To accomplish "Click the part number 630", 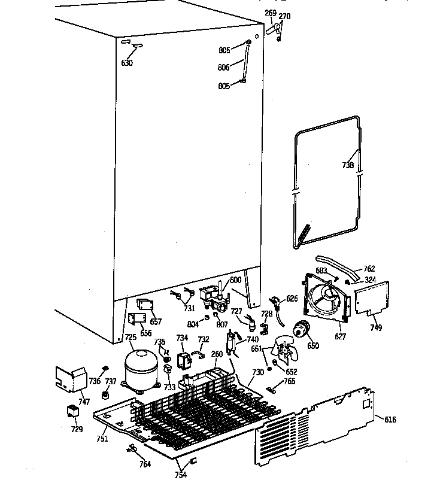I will (127, 63).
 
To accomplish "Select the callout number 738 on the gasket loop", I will (348, 166).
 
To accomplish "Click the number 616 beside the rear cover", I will (390, 420).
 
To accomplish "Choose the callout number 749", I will (375, 327).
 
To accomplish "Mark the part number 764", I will (145, 463).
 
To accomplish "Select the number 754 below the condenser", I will (180, 475).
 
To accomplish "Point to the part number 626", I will (292, 298).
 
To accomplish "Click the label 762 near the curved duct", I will (369, 269).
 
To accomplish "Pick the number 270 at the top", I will (285, 16).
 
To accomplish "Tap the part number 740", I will (253, 339).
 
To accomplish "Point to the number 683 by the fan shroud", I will (321, 271).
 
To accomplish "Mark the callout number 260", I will (216, 354).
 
